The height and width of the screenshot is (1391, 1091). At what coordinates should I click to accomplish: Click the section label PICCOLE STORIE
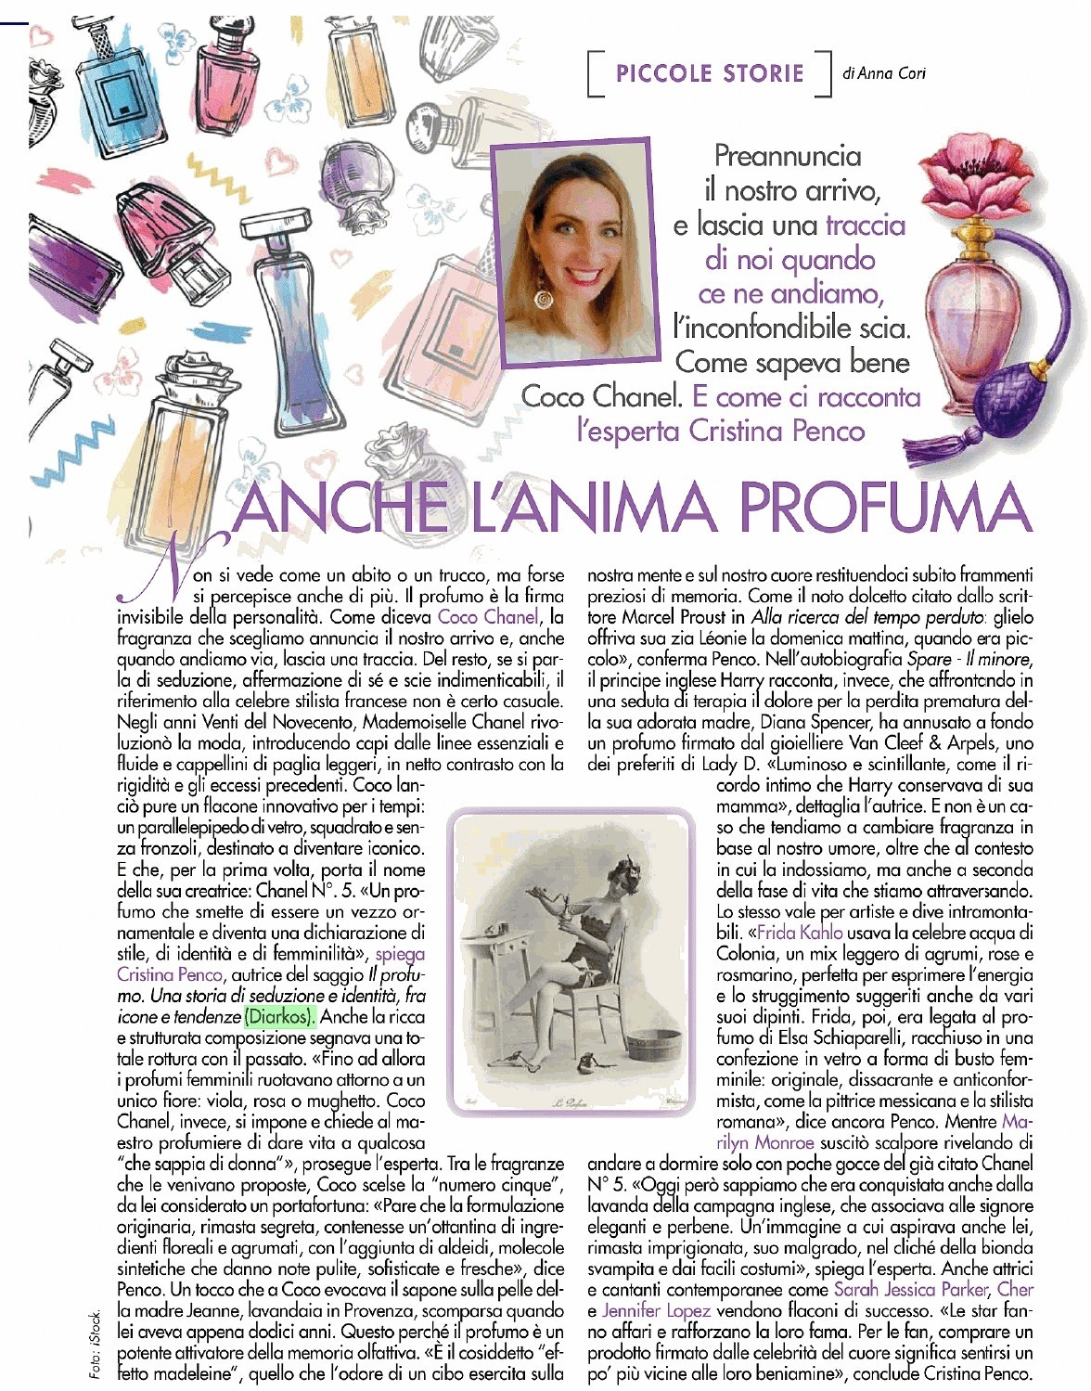tap(710, 73)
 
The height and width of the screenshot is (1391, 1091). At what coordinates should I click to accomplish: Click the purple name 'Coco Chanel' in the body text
tap(488, 616)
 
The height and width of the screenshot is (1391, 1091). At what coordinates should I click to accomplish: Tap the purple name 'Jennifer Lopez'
tap(656, 1310)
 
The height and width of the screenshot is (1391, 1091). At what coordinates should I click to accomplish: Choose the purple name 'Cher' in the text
tap(1015, 1289)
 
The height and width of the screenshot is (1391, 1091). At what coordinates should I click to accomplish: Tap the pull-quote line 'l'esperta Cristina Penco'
tap(721, 431)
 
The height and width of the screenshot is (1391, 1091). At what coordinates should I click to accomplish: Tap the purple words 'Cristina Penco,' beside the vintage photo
tap(171, 974)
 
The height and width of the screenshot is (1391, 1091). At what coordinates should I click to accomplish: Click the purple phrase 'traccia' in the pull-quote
tap(865, 225)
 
